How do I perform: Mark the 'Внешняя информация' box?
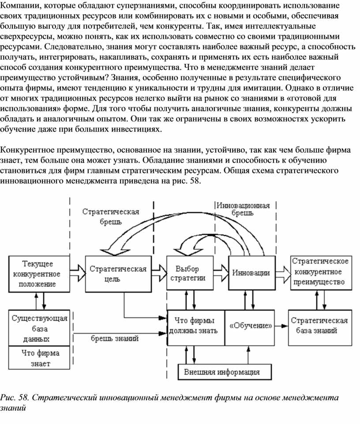pyautogui.click(x=222, y=371)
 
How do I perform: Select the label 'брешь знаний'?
pyautogui.click(x=114, y=338)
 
